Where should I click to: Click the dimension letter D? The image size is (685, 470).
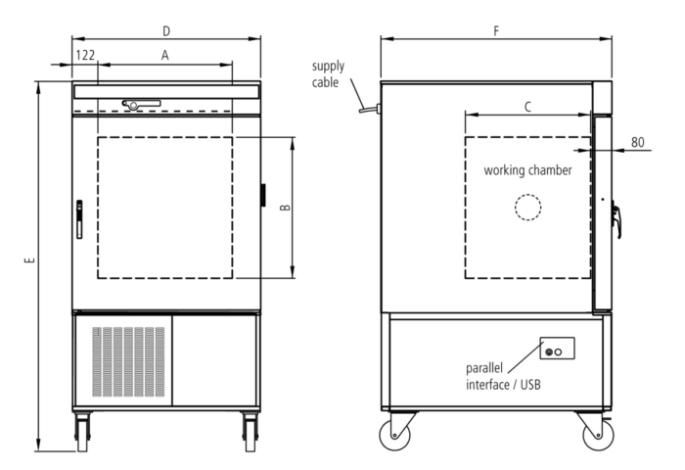166,31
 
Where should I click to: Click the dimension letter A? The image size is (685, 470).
164,55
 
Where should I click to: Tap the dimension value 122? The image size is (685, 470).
85,55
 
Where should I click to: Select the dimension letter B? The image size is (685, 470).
285,208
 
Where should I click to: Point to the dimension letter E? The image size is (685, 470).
29,260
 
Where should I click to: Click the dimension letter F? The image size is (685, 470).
496,31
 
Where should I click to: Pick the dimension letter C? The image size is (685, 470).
527,107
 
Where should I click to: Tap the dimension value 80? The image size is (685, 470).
638,142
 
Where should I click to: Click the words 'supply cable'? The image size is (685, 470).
328,73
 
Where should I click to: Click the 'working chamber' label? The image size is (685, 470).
527,170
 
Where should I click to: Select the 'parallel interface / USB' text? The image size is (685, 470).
503,376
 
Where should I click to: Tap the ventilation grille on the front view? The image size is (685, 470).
128,361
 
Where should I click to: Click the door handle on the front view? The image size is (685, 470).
79,219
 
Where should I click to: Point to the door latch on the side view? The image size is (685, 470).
616,221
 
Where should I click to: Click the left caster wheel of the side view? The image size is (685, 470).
395,435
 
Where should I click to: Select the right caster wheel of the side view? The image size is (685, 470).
598,435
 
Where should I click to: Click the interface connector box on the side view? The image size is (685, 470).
558,348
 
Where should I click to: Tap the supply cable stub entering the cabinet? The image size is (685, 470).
370,109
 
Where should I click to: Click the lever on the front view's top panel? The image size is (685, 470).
141,105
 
